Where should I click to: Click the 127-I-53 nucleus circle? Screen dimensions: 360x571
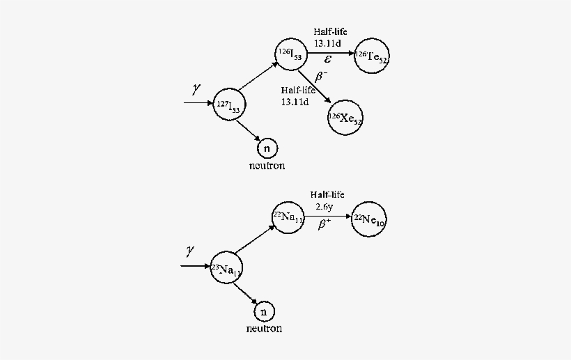(x=229, y=105)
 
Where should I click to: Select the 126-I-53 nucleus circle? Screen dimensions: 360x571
(x=290, y=56)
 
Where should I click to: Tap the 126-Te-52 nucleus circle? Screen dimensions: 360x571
(x=371, y=58)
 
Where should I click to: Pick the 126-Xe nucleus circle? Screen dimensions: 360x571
(x=345, y=118)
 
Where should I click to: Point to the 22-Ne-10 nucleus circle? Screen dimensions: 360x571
(x=368, y=220)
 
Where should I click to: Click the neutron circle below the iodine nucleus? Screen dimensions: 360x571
(x=266, y=148)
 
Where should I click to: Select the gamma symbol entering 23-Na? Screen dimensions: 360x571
(x=189, y=251)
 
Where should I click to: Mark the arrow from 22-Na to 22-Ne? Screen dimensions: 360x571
(x=328, y=217)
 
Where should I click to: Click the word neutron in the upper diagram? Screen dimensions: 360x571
(x=267, y=166)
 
